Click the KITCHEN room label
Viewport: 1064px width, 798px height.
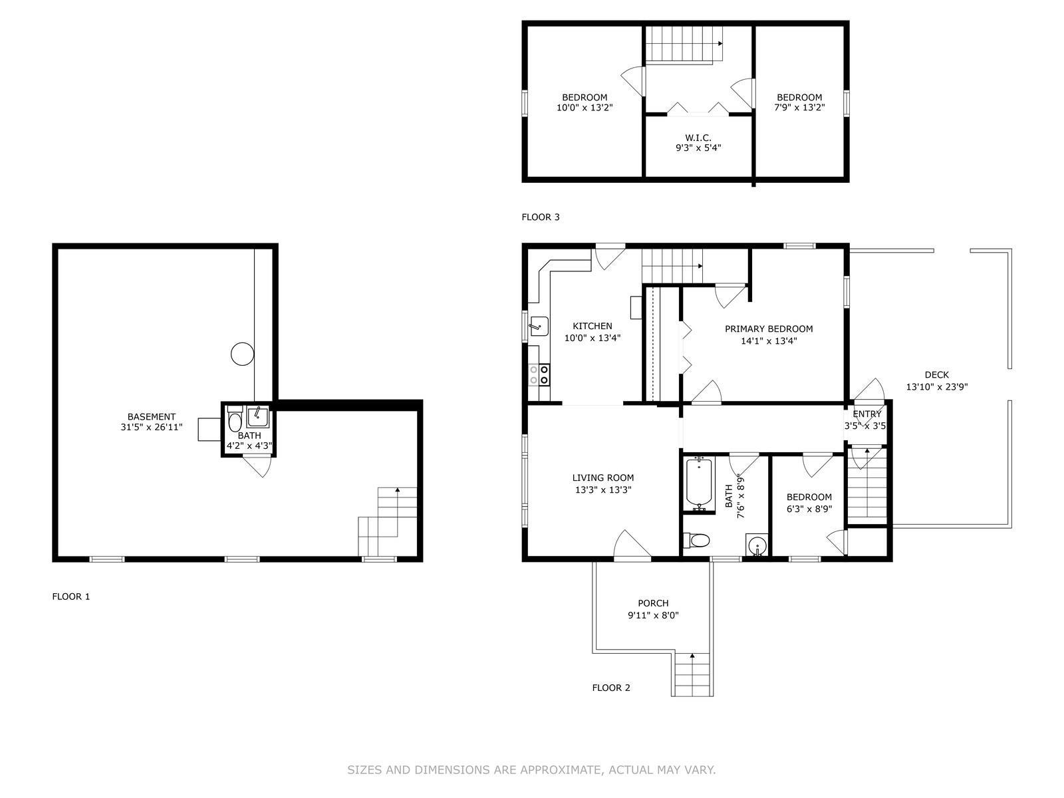(592, 326)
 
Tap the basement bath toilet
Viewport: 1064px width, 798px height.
(235, 419)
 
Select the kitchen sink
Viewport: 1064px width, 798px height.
(538, 326)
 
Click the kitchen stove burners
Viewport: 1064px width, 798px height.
(539, 374)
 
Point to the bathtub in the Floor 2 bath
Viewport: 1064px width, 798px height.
(698, 483)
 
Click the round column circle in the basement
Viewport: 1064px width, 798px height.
(242, 354)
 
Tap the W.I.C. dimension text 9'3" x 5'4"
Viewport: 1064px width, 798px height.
(698, 148)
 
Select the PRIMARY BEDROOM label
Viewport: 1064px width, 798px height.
(769, 329)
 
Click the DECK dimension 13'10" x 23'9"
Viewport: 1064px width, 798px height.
(936, 386)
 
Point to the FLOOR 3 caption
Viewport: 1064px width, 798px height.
(541, 217)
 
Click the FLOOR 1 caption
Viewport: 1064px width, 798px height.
(71, 597)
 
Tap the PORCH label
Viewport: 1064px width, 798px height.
(653, 603)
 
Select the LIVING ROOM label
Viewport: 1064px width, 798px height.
(603, 477)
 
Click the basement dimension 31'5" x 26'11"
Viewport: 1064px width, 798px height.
(152, 427)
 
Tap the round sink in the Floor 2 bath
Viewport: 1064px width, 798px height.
(756, 547)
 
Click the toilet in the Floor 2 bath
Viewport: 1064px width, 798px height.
(696, 540)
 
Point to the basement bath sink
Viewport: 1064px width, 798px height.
(258, 417)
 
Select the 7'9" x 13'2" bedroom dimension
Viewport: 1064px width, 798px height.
(799, 108)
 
